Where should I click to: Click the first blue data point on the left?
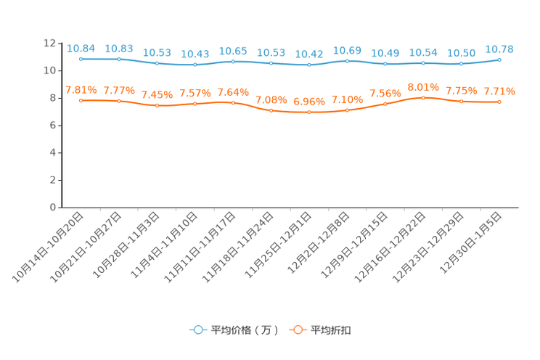(81, 59)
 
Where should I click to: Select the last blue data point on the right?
(499, 60)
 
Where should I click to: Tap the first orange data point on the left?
(81, 100)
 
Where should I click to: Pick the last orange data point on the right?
(499, 102)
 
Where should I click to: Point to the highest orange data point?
(423, 97)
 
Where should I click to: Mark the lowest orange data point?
(309, 112)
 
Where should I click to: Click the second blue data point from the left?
(118, 59)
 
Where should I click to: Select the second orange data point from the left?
(118, 101)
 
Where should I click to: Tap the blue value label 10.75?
(499, 49)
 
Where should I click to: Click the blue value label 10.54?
(423, 52)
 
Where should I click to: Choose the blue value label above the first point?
(81, 48)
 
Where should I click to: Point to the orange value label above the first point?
(81, 89)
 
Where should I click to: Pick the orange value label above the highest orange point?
(423, 86)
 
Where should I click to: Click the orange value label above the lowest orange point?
(309, 102)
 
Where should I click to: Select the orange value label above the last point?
(499, 91)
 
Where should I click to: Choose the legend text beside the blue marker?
(245, 330)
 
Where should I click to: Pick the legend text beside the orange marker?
(331, 330)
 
